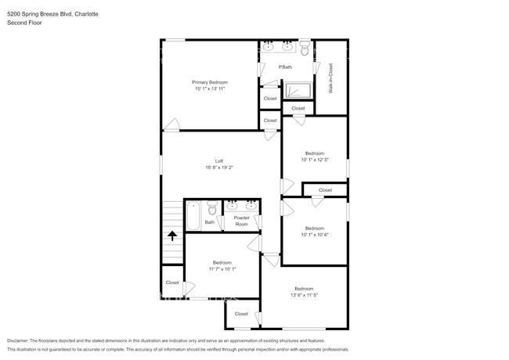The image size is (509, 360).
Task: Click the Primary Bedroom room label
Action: [210, 82]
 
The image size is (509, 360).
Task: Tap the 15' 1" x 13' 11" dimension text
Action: [210, 89]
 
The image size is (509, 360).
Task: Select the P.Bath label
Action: [287, 68]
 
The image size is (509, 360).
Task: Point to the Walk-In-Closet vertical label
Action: [331, 79]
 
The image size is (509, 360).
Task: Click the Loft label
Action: [219, 160]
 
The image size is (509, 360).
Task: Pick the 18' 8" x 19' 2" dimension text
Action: [219, 167]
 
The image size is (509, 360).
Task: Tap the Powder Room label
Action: [241, 221]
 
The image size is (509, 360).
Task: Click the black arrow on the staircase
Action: [172, 234]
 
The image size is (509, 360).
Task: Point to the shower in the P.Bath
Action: [297, 90]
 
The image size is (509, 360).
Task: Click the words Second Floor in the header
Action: [24, 23]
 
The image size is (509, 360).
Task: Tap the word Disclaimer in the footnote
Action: [21, 341]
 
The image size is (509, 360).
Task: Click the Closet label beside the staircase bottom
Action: [171, 283]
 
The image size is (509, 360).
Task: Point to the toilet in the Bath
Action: [210, 209]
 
